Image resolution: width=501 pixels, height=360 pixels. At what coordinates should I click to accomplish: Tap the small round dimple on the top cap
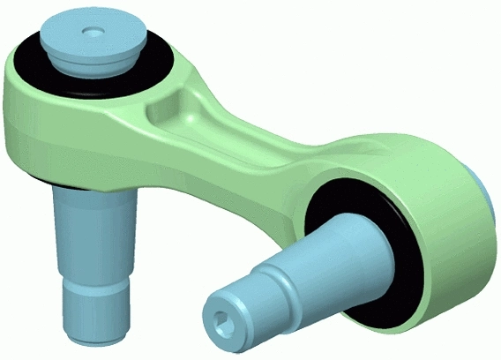92,31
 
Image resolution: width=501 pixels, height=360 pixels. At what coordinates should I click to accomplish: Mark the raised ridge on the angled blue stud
284,281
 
